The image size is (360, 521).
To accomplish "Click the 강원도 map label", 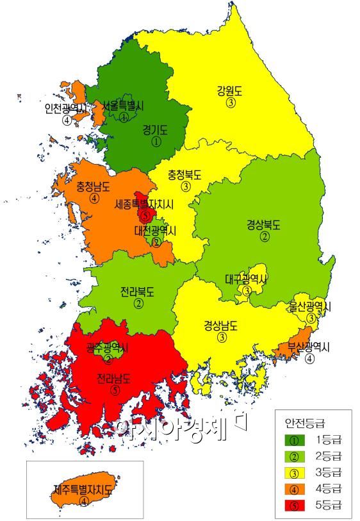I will tap(231, 90).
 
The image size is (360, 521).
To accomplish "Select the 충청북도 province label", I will tap(185, 174).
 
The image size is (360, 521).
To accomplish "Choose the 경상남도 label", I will tap(221, 324).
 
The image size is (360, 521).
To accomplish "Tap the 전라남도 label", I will tap(114, 377).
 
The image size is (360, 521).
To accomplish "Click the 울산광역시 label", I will tap(310, 306).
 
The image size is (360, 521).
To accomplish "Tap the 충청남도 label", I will tap(94, 186).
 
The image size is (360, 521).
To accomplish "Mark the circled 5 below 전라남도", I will tap(115, 389).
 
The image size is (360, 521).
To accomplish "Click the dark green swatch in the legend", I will tap(293, 440).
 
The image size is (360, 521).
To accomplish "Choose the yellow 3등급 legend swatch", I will tap(293, 472).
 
